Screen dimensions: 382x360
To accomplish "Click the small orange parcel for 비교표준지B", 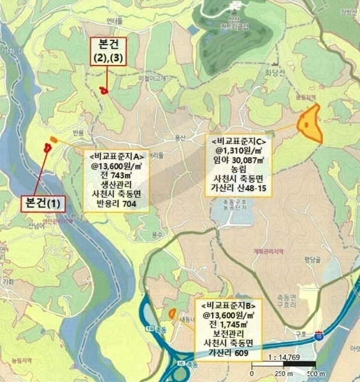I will click(172, 313).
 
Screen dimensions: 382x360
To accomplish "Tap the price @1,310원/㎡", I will click(238, 150).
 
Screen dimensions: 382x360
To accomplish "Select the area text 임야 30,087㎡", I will click(238, 162).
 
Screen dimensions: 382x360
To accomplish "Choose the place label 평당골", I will click(310, 258).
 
